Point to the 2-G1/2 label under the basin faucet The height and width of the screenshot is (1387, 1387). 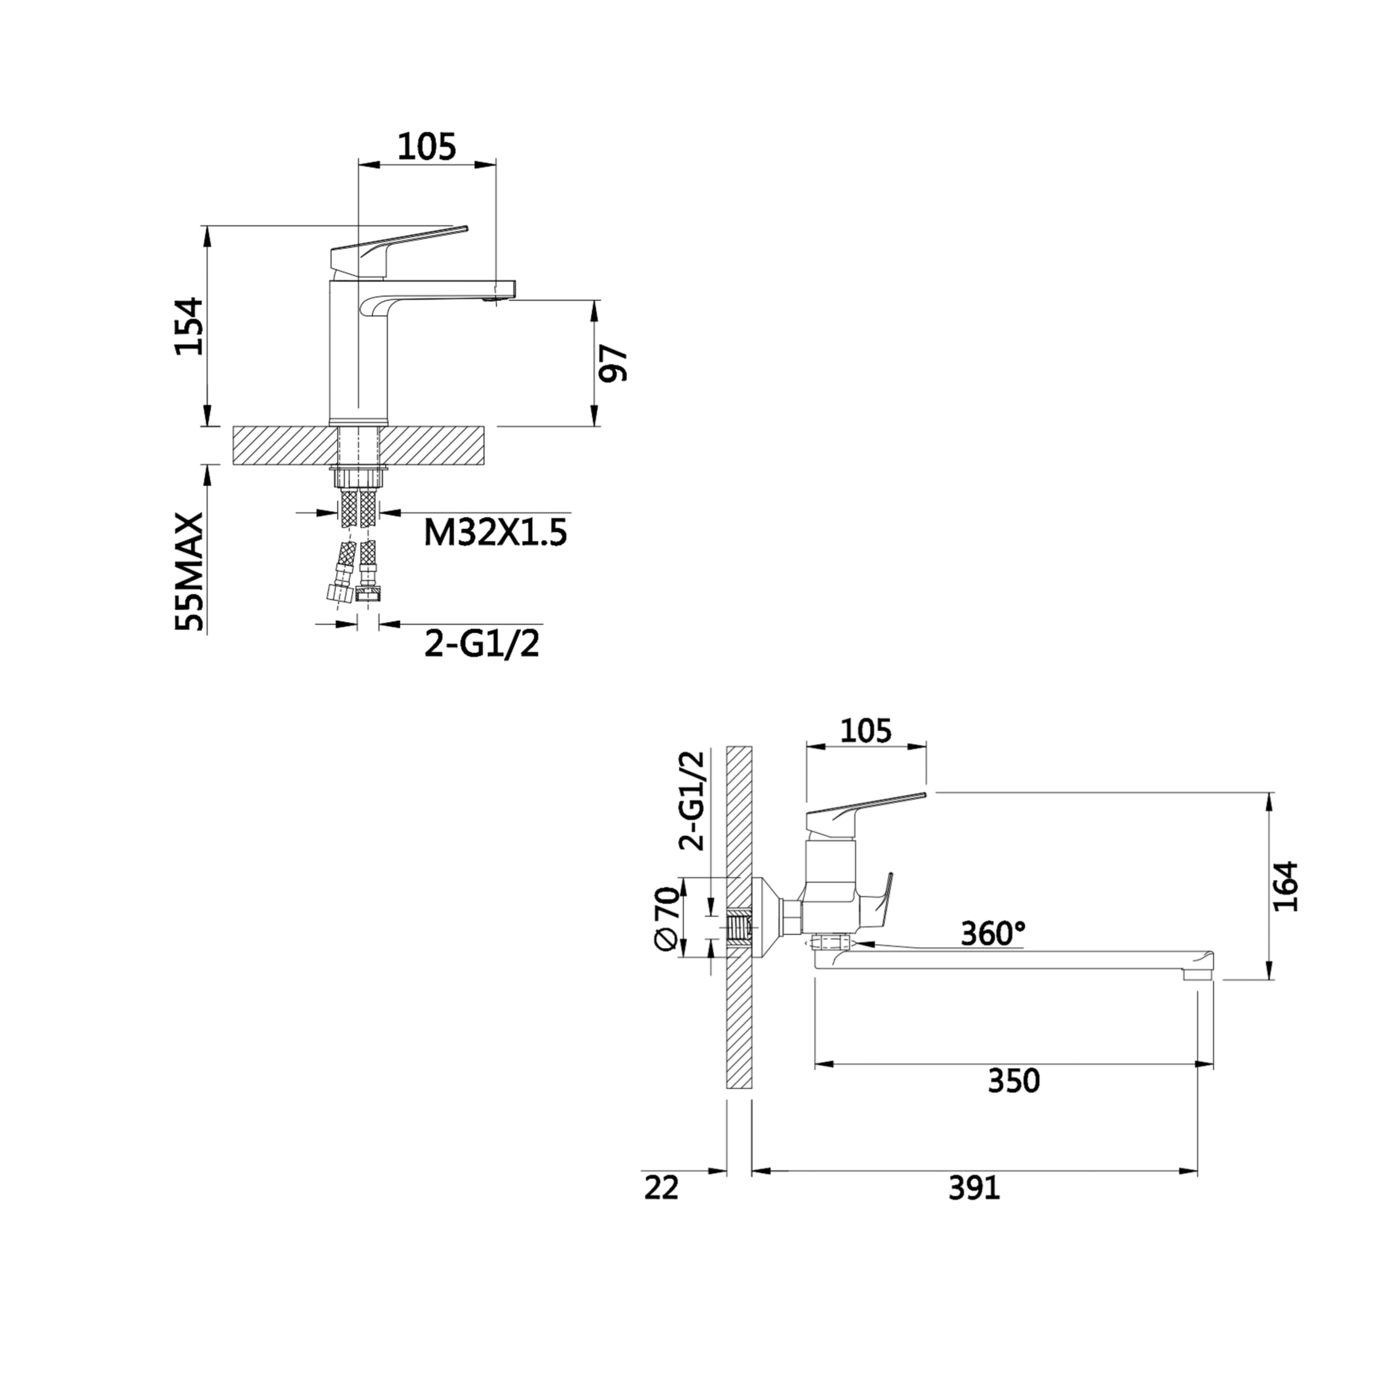(x=482, y=643)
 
